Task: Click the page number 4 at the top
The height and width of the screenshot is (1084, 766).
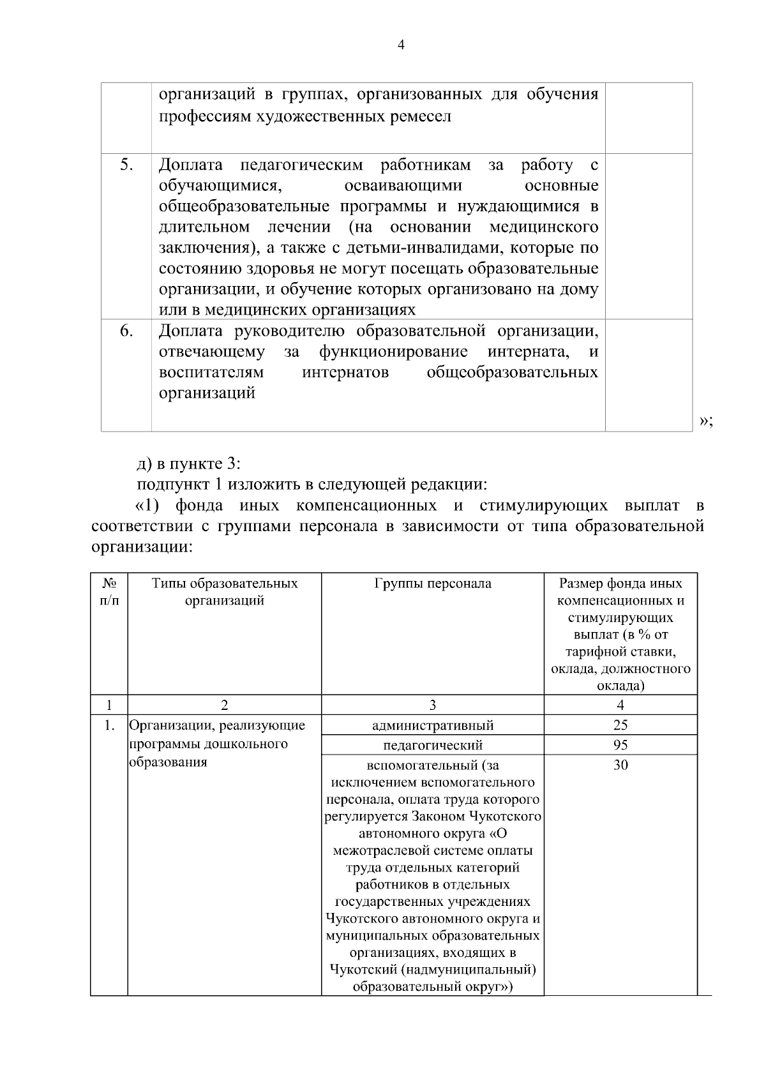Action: [401, 45]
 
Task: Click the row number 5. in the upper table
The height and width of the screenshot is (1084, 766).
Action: [126, 165]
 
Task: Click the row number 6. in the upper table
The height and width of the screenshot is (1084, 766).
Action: [126, 331]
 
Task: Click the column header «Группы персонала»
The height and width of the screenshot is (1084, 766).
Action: [433, 583]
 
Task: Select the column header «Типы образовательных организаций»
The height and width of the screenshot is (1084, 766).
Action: [225, 592]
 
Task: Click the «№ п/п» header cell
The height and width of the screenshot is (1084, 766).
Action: [109, 592]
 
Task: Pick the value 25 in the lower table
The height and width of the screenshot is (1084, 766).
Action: [620, 725]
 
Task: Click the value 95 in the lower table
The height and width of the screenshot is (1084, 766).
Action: [620, 745]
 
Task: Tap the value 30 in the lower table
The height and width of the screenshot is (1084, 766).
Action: [620, 765]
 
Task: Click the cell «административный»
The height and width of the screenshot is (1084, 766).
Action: [433, 725]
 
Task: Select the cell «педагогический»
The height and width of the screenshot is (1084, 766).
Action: [433, 745]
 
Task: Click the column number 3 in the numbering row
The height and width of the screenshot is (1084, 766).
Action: [433, 705]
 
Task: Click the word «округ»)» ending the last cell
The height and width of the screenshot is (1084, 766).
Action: [490, 987]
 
